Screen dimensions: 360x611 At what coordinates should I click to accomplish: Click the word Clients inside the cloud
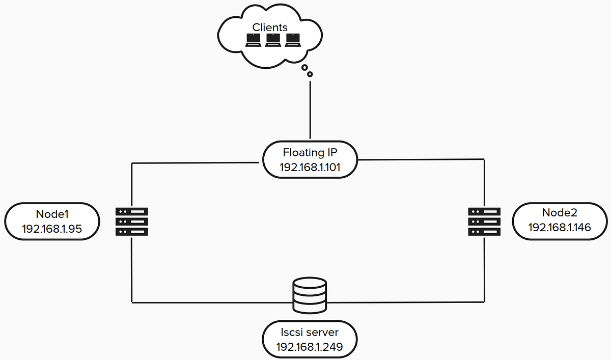point(270,27)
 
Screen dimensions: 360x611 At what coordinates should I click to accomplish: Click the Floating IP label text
point(310,153)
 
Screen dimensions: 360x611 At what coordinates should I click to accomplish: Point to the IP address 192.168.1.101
point(310,167)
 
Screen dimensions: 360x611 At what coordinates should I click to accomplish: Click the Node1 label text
point(52,214)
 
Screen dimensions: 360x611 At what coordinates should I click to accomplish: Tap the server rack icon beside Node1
point(132,221)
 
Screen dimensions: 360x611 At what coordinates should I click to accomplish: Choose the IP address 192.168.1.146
point(559,228)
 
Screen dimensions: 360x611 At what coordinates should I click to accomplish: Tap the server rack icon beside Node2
point(484,221)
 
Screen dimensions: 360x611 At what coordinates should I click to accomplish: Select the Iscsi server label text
point(310,333)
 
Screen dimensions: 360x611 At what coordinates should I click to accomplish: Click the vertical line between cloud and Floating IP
point(310,109)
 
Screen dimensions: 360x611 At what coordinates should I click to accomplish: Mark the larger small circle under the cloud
point(304,67)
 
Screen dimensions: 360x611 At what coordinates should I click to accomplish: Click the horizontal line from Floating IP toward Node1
point(193,163)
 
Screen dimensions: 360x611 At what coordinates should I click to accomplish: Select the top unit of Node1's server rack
point(132,211)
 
